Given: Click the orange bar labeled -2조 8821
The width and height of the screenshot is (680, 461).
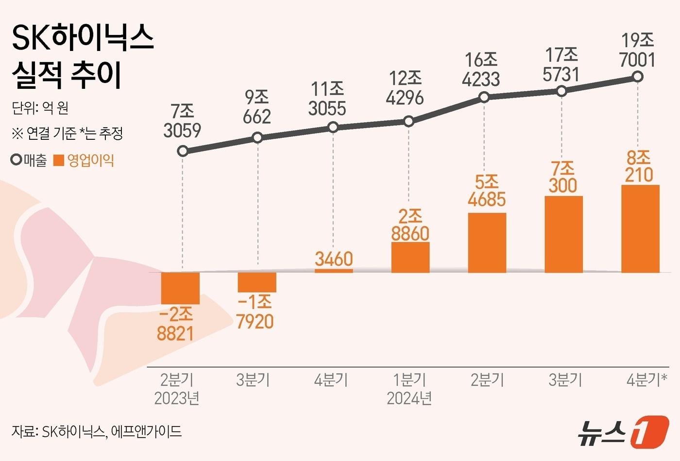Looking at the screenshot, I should (180, 288).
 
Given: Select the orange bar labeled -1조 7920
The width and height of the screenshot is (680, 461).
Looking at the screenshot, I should (257, 282).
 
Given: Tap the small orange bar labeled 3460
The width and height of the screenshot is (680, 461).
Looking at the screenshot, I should (334, 270).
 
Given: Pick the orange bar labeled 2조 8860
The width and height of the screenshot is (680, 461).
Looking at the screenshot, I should (410, 257).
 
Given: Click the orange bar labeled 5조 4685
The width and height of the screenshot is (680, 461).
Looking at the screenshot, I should (487, 243).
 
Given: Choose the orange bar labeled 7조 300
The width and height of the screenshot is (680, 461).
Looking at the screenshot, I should (563, 234).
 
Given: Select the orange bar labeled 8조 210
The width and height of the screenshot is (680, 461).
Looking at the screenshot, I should (640, 229).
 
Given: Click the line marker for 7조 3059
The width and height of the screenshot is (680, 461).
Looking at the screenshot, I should (183, 151).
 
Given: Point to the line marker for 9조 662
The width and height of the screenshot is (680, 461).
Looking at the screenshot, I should (258, 138).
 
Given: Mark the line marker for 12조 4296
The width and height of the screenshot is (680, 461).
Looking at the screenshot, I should (409, 121).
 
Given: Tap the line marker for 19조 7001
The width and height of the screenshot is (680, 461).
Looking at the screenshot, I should (638, 77).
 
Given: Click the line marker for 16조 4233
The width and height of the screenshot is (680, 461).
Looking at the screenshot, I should (484, 98).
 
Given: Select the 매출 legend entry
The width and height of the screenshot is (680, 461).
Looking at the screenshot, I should (29, 161).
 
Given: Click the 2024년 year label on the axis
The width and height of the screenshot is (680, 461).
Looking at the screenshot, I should (409, 398).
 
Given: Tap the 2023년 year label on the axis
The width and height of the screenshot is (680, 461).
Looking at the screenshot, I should (177, 398).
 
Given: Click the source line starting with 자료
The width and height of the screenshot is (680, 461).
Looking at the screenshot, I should (97, 431).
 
